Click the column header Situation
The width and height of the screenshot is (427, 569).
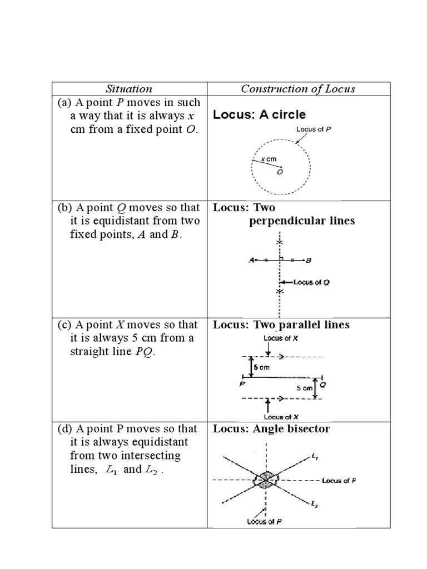pyautogui.click(x=129, y=89)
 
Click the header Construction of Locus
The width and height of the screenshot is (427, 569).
pyautogui.click(x=298, y=89)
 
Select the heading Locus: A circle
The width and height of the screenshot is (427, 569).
pyautogui.click(x=259, y=115)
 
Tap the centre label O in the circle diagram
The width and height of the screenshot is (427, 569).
pyautogui.click(x=280, y=172)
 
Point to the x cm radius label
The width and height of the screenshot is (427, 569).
pyautogui.click(x=269, y=159)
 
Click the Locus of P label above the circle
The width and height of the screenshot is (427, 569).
pyautogui.click(x=314, y=129)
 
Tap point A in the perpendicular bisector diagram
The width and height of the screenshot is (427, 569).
pyautogui.click(x=252, y=260)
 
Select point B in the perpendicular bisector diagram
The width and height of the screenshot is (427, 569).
pyautogui.click(x=309, y=260)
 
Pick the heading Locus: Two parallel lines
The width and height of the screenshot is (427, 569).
pyautogui.click(x=281, y=325)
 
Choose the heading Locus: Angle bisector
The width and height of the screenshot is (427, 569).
pyautogui.click(x=271, y=429)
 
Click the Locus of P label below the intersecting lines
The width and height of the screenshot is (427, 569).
pyautogui.click(x=264, y=522)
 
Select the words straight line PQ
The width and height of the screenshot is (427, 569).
pyautogui.click(x=111, y=351)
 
